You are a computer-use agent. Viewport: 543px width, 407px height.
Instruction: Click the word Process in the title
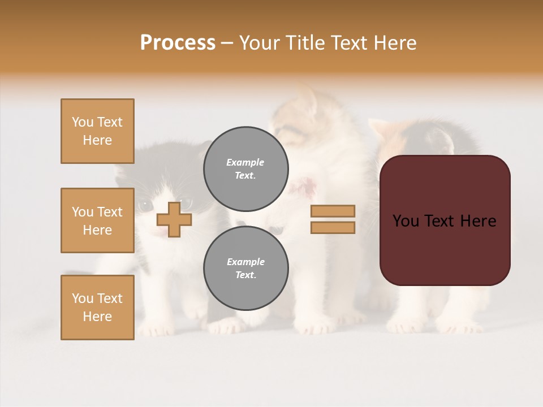[x=178, y=43]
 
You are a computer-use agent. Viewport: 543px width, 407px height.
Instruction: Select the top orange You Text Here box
[x=97, y=131]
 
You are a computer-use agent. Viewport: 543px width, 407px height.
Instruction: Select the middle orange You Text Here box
[x=97, y=220]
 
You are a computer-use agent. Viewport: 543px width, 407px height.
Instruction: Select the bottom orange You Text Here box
[x=97, y=308]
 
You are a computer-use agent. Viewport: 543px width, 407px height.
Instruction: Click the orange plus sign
[x=174, y=219]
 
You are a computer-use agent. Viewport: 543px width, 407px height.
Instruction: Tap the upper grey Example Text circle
[x=245, y=168]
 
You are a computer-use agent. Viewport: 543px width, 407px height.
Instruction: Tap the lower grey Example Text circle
[x=245, y=268]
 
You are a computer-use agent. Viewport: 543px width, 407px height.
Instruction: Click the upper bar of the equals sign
[x=333, y=211]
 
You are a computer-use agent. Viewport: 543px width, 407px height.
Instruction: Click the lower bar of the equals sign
[x=333, y=227]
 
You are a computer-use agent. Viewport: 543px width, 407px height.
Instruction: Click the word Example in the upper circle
[x=245, y=162]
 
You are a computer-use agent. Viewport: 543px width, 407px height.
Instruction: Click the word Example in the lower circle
[x=245, y=262]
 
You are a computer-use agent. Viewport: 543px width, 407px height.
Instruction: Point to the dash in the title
[x=227, y=44]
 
